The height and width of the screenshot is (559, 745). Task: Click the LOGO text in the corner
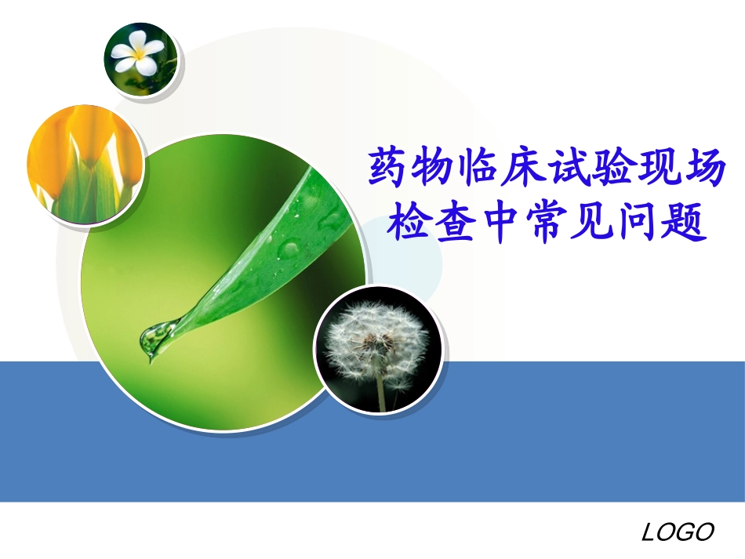[x=678, y=532]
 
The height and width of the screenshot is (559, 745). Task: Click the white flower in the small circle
[x=138, y=54]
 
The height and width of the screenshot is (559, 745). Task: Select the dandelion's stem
[x=381, y=392]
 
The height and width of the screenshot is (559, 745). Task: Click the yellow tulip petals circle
[x=85, y=165]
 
